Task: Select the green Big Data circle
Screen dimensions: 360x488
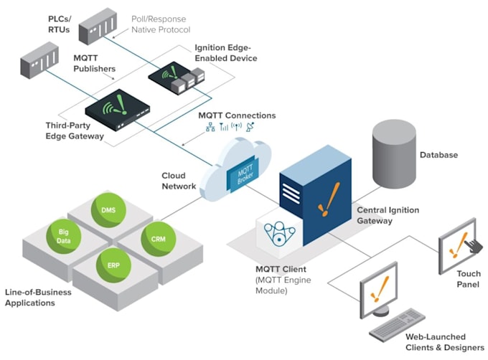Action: click(62, 236)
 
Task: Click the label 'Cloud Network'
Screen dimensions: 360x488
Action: click(179, 181)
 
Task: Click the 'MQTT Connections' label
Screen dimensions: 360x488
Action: click(236, 115)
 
